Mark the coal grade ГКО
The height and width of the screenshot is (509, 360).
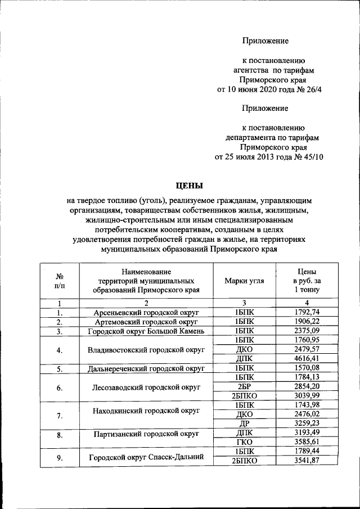pos(244,442)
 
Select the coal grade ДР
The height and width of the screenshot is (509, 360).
pos(244,423)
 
